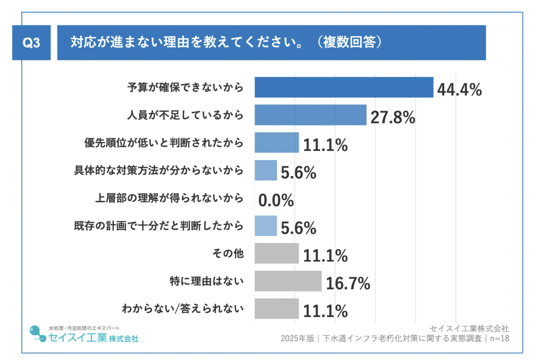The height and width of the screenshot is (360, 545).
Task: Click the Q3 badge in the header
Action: tap(32, 43)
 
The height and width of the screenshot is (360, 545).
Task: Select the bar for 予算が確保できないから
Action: tap(344, 87)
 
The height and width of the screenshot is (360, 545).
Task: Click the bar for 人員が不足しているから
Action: tap(310, 115)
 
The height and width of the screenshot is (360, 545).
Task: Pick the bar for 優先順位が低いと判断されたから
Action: tap(276, 142)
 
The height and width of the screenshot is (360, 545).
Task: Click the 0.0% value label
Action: tap(276, 201)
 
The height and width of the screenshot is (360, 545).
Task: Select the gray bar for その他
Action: tap(276, 253)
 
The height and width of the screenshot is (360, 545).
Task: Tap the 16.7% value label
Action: tap(348, 284)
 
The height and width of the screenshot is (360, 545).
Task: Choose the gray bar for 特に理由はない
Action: tap(288, 281)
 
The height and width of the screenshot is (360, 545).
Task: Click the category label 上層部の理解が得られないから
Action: tap(169, 198)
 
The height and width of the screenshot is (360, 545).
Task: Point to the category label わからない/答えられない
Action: tap(182, 308)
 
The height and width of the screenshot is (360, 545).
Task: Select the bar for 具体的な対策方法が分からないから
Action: tap(266, 170)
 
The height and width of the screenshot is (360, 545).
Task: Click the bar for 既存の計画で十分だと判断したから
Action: tap(266, 225)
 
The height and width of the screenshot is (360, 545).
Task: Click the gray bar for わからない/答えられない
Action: tap(276, 308)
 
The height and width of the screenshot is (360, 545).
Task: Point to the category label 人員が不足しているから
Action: tap(185, 115)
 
